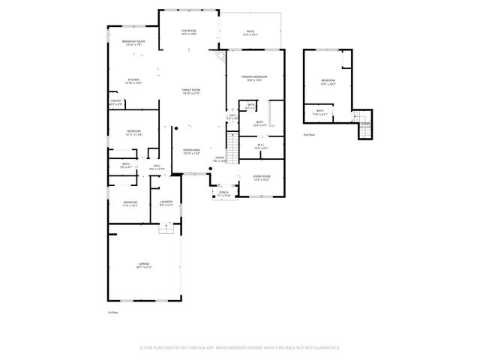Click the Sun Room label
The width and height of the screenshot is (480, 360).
coord(189,31)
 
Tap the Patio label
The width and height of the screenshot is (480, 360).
coord(250,31)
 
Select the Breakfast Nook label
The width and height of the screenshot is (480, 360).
coord(133,43)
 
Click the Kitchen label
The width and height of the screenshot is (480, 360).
coord(133,81)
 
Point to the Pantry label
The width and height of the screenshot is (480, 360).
coord(116,102)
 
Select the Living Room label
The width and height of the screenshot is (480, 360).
coord(261,178)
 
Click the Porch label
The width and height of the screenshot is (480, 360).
coord(223,193)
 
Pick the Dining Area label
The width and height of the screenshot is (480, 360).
coord(191,151)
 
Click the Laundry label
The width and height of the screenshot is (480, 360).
coord(166,203)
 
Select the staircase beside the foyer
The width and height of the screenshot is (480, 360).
coord(232,148)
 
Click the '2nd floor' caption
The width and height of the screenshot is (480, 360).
coord(309,135)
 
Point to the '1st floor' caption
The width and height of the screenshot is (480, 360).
coord(113,311)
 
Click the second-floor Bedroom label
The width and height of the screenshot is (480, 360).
coord(328,82)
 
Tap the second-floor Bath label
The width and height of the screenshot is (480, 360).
coord(320,112)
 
